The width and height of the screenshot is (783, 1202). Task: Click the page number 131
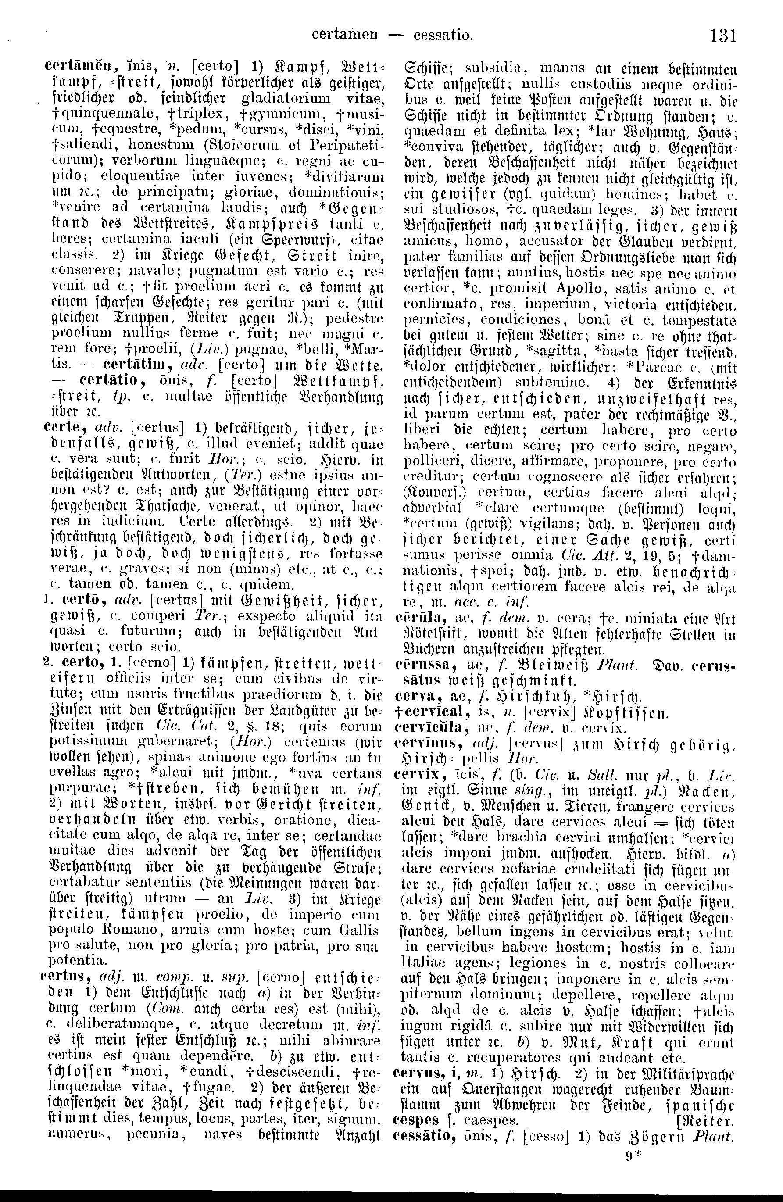[x=723, y=36]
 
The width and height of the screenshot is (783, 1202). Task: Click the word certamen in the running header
[x=344, y=36]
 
